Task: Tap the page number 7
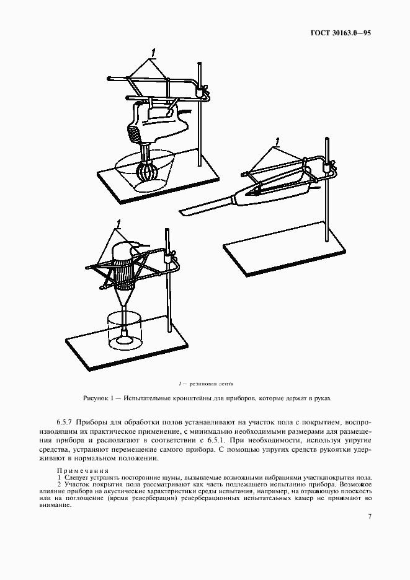click(x=370, y=516)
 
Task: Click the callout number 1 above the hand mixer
click(x=153, y=53)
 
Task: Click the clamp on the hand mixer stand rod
click(x=200, y=91)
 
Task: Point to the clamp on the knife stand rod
click(x=329, y=164)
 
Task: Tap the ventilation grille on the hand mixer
click(x=134, y=132)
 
